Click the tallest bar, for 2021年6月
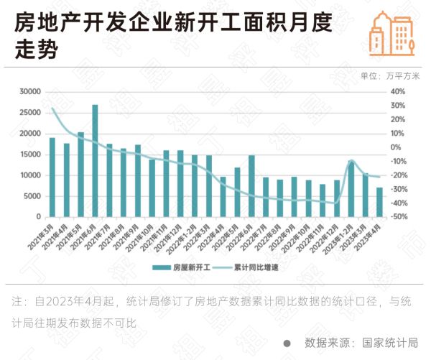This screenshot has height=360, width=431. [x=95, y=161]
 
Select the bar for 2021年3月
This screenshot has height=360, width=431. [x=52, y=177]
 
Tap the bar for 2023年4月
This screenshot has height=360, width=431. [x=379, y=202]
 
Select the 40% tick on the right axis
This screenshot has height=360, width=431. [x=398, y=91]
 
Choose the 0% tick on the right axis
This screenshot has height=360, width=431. [x=395, y=147]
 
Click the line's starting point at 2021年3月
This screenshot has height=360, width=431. [x=52, y=109]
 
